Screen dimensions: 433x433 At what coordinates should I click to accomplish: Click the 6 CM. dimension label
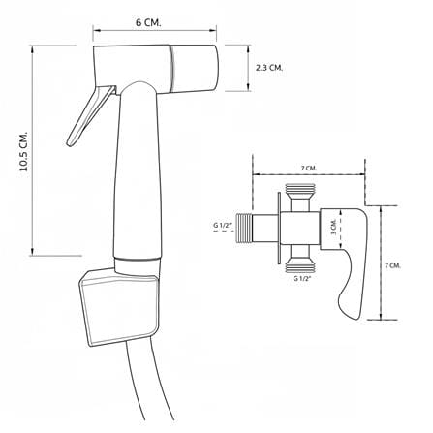pos(148,23)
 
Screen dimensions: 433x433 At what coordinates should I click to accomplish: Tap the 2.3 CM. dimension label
pos(269,68)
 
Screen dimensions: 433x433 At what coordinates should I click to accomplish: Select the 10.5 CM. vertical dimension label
pos(24,151)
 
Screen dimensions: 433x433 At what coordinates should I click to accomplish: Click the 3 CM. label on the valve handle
pos(334,227)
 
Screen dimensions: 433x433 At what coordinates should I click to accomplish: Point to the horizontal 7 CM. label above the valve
pos(309,169)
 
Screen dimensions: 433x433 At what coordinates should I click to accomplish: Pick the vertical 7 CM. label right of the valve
pos(393,265)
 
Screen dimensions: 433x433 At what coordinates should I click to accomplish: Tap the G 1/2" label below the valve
pos(302,278)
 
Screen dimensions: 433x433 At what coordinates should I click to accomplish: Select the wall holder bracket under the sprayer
pos(119,306)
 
